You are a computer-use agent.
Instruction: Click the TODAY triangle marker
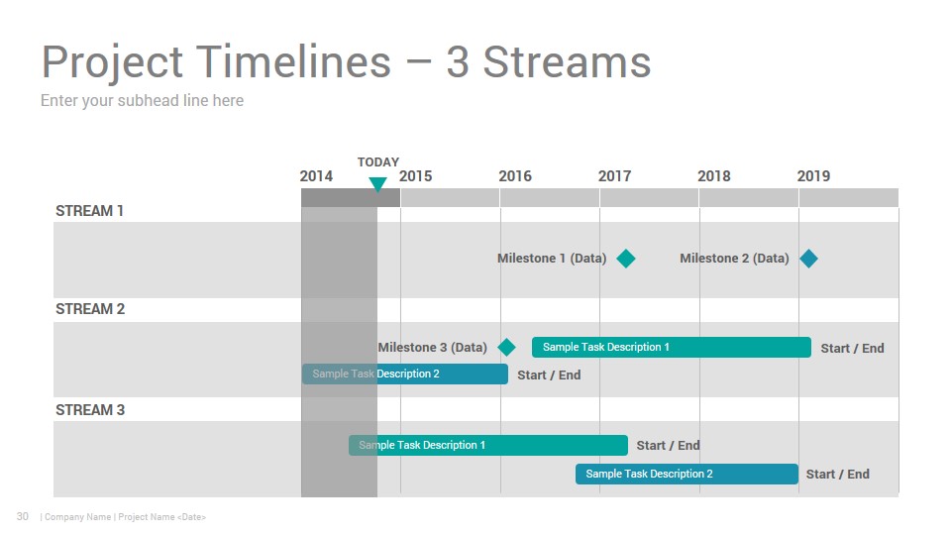(x=377, y=184)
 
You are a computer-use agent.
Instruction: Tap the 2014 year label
(x=316, y=176)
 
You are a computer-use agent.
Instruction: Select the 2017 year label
(x=614, y=176)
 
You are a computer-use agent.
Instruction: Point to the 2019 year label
(x=813, y=176)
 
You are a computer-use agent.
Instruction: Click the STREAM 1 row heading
(x=90, y=211)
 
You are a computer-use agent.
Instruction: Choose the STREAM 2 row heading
(x=90, y=309)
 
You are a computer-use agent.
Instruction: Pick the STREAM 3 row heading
(x=90, y=410)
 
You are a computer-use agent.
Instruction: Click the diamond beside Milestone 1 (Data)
(x=626, y=259)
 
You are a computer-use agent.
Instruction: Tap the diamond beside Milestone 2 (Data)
(x=808, y=259)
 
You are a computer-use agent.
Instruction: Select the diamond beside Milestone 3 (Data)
(x=506, y=348)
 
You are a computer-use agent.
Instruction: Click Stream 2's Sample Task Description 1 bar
(x=672, y=347)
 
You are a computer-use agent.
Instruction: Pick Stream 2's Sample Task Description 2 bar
(x=405, y=374)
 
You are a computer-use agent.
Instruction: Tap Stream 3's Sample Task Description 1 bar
(x=488, y=445)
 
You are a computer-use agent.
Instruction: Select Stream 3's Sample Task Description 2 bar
(x=687, y=474)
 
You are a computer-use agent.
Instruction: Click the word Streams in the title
(x=567, y=62)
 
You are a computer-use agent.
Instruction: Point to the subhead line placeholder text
(x=142, y=101)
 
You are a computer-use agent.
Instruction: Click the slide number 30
(x=23, y=516)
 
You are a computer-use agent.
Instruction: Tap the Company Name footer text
(x=77, y=517)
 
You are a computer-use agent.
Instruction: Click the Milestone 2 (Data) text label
(x=734, y=259)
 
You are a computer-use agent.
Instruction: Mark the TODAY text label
(x=377, y=161)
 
